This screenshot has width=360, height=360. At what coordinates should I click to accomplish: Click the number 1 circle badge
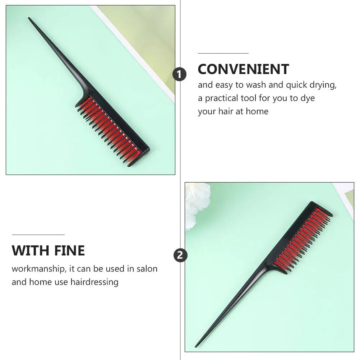179,74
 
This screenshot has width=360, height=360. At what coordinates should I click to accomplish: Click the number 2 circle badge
180,255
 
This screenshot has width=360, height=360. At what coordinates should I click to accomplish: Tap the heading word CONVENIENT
243,69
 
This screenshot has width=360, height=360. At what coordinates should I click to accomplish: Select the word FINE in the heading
70,250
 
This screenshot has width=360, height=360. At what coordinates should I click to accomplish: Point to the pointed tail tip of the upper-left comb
29,18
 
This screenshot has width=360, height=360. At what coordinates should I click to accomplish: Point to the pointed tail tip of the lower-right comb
196,346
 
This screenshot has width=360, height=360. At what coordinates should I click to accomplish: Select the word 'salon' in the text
147,269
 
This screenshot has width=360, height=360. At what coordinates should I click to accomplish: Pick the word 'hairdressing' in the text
94,282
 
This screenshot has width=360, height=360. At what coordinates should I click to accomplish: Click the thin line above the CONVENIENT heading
223,53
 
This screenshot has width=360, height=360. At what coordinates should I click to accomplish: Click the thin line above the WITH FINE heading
38,235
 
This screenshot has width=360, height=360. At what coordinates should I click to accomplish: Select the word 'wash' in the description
256,85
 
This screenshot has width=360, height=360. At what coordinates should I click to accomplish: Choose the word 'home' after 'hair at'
257,111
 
